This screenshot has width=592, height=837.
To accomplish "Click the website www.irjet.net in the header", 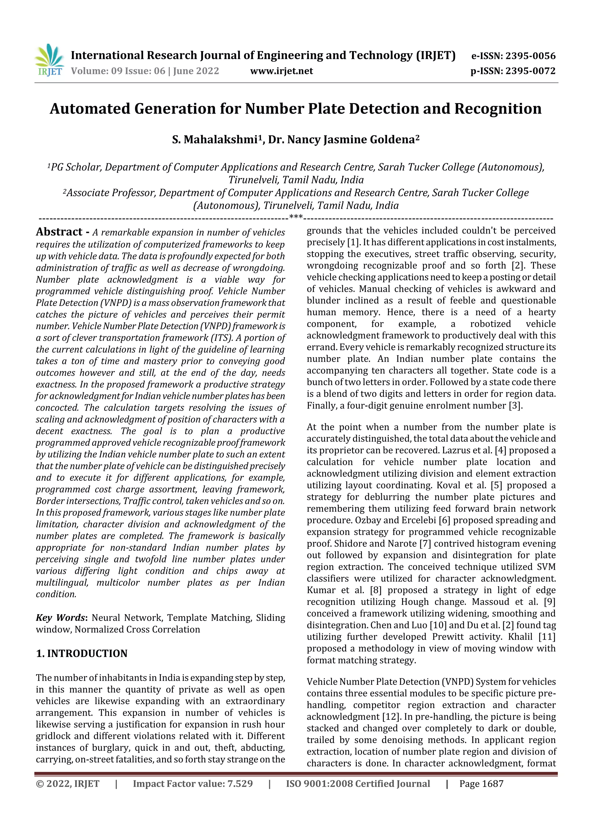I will click(281, 71).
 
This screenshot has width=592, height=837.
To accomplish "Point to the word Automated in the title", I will click(90, 109).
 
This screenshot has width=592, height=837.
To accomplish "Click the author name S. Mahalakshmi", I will click(214, 140).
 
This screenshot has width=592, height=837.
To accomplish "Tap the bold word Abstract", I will click(59, 232).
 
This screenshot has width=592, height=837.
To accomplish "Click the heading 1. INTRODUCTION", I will click(82, 653).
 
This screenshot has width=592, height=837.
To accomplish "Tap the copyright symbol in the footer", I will click(39, 784).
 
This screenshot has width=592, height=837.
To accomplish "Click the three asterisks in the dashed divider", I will click(295, 218).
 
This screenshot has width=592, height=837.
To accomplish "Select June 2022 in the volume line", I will click(196, 71).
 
